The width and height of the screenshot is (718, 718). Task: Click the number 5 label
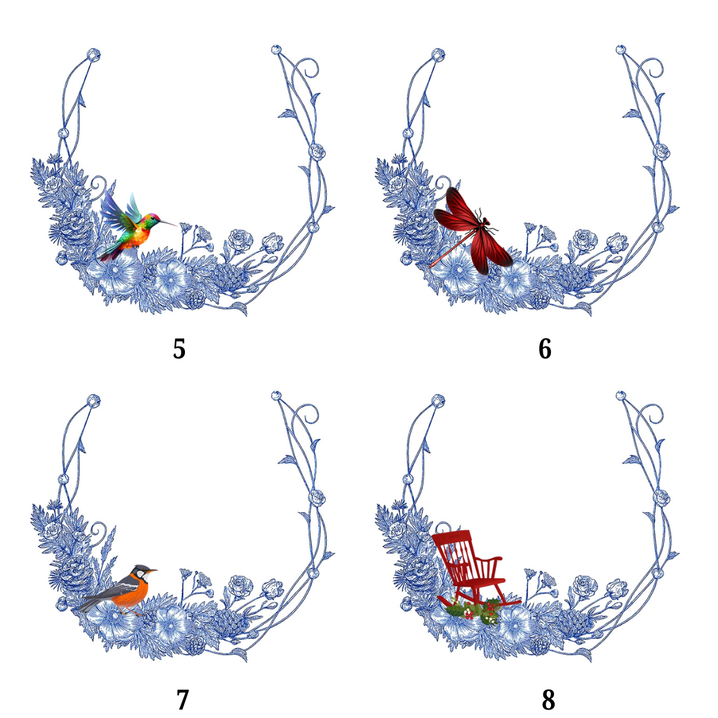pos(180,349)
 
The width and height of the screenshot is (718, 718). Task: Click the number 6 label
pos(544,349)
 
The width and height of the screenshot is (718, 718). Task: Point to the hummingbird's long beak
pos(168,223)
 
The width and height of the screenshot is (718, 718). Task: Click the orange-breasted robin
pos(118,593)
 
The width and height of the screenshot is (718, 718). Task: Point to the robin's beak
pos(153,571)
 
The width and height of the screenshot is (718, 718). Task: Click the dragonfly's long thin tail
pos(452,248)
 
